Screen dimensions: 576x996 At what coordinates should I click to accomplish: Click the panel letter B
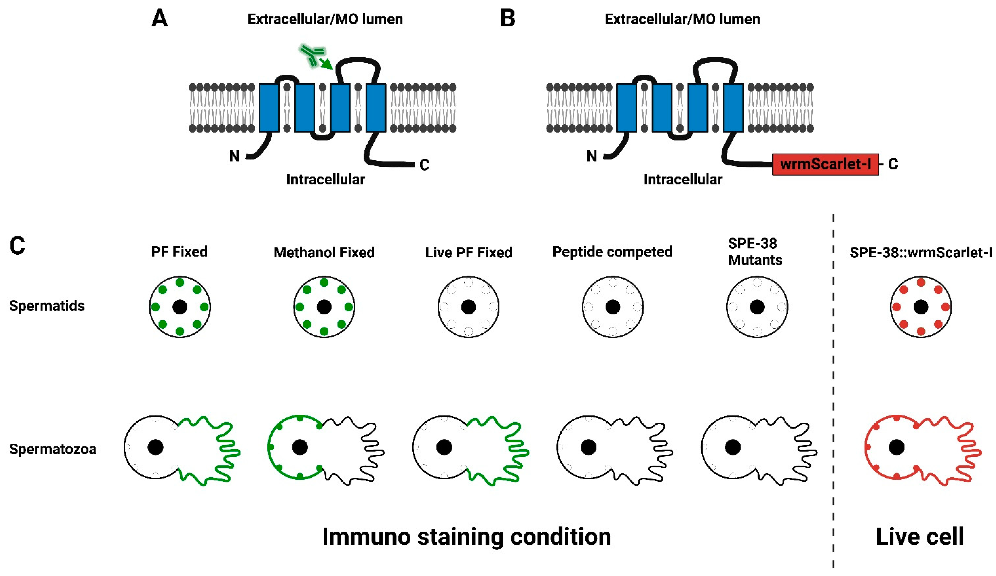507,18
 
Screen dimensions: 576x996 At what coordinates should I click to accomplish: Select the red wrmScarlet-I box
825,164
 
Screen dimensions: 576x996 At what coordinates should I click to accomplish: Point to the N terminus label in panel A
234,156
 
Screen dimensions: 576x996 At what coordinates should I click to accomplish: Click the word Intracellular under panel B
683,180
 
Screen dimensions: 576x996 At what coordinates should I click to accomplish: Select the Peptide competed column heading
612,252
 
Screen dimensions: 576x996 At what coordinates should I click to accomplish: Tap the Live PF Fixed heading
468,252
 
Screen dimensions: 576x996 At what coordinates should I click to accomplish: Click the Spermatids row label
47,306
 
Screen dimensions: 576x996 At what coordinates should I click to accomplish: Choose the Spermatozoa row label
53,449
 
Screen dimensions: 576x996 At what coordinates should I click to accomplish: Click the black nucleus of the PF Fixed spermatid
180,307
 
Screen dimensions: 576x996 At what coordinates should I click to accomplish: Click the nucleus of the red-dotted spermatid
921,307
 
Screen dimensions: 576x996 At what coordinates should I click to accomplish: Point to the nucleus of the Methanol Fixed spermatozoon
300,447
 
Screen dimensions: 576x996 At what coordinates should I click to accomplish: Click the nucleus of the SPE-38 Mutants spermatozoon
733,447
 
